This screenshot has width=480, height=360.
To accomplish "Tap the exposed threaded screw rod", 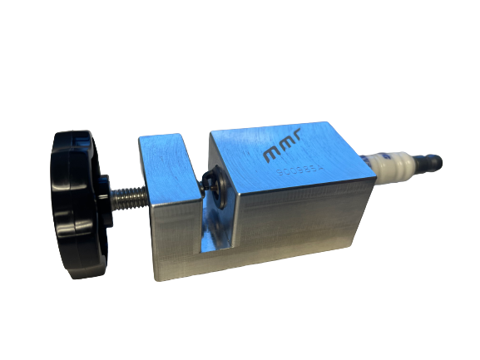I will coord(130,196).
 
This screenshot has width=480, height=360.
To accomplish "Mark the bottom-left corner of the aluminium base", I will coord(155,279).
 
